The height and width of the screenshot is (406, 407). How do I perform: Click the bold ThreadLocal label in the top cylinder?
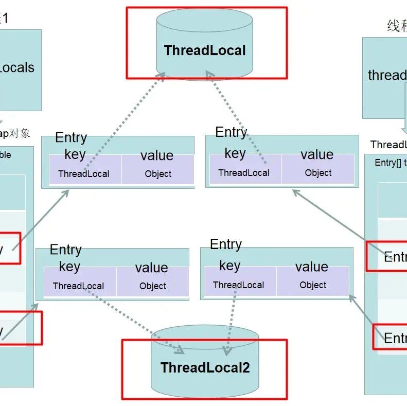[x=205, y=50]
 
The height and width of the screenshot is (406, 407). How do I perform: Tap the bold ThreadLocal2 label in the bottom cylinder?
[x=205, y=367]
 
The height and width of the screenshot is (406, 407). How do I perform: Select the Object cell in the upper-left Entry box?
[x=158, y=174]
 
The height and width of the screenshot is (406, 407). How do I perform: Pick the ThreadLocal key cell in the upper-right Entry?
[x=243, y=173]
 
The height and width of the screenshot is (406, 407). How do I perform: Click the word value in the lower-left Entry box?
[x=151, y=268]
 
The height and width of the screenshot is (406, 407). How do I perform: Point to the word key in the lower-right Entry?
[x=229, y=266]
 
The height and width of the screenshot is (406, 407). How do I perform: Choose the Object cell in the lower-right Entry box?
[x=313, y=285]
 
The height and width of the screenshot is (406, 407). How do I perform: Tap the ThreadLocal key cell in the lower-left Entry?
[x=78, y=286]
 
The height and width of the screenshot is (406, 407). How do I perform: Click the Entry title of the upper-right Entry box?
[x=231, y=132]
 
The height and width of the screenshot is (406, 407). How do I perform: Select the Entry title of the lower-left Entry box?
[x=66, y=250]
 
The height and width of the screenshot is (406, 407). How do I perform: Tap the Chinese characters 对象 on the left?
[x=21, y=134]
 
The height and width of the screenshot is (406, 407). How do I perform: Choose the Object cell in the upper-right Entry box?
[x=318, y=173]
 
